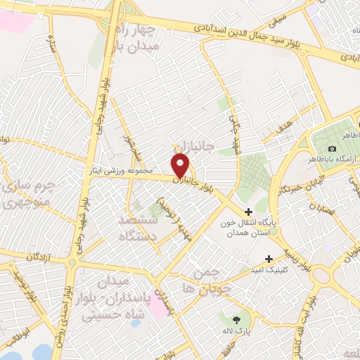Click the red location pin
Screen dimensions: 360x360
point(181,166)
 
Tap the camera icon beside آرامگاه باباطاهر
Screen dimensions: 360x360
point(332,148)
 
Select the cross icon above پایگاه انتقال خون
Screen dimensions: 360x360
point(248,212)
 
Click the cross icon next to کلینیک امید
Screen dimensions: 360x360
point(269,259)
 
